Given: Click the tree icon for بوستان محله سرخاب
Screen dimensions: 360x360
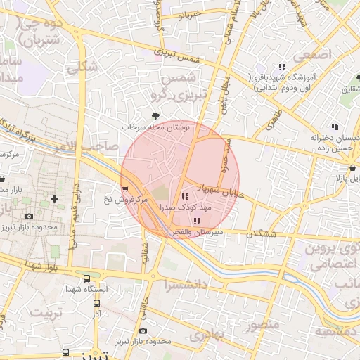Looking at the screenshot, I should point(155,115).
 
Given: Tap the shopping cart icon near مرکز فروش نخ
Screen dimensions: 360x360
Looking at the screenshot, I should point(125,188).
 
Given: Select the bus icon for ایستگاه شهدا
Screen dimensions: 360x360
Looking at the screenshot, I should point(86,278).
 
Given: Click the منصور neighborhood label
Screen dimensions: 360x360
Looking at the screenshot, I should point(264,325).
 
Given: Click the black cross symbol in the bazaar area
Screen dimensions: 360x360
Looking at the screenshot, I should point(55,200).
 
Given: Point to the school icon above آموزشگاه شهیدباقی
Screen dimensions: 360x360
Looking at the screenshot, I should point(282,66).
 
